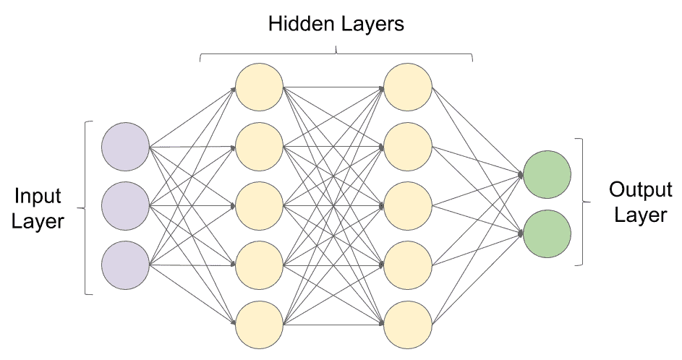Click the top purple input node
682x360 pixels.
coord(125,146)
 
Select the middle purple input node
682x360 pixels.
coord(125,206)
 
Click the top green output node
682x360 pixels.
coord(547,174)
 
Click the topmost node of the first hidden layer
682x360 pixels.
coord(260,87)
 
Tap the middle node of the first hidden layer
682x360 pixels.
coord(260,206)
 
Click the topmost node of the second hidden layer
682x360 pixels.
coord(408,87)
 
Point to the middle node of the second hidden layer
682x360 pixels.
coord(408,206)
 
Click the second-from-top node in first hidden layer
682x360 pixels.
coord(260,147)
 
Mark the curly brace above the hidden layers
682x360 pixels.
coord(336,52)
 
